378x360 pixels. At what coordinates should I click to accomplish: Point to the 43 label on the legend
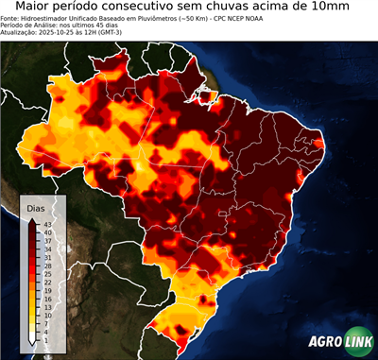pos(46,224)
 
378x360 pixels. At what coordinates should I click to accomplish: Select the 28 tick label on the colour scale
pos(46,266)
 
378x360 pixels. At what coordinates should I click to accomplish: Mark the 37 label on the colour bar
pos(46,240)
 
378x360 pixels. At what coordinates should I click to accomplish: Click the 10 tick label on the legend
pos(46,315)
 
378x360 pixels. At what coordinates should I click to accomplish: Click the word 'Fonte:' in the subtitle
pos(12,17)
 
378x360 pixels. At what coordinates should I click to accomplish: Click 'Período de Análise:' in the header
pos(27,25)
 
